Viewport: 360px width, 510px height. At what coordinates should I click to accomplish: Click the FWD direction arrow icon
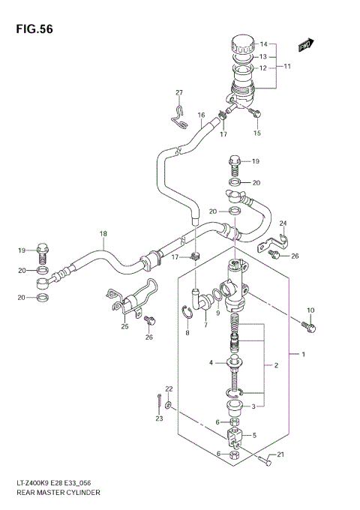305,47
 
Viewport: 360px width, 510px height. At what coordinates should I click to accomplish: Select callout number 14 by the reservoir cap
263,44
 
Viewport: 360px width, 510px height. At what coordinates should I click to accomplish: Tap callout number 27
179,93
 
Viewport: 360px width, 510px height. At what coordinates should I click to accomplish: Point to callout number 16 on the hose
201,115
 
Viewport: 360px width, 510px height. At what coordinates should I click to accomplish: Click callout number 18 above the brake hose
103,234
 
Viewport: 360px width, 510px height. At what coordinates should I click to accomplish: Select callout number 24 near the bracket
283,223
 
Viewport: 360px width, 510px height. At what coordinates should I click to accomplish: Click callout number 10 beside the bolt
311,310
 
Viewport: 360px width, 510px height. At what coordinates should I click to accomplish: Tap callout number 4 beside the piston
213,363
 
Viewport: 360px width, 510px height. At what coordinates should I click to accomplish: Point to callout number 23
159,418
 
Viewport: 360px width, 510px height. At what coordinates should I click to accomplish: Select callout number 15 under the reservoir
256,133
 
